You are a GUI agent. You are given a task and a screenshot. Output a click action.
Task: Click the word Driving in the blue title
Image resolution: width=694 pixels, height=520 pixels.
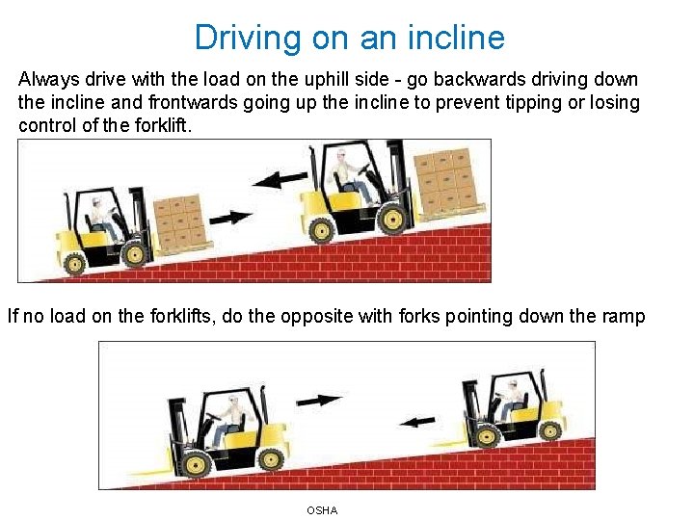click(x=248, y=39)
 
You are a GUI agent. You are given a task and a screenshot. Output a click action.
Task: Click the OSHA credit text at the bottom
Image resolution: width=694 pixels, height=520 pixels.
click(x=322, y=510)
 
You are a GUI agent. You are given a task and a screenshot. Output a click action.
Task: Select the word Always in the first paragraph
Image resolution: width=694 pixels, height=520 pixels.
click(x=49, y=81)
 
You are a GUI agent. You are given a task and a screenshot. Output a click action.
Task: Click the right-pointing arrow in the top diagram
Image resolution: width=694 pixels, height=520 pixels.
click(x=230, y=218)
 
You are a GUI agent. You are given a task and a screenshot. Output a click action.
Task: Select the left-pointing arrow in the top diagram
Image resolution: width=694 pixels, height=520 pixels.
click(x=280, y=179)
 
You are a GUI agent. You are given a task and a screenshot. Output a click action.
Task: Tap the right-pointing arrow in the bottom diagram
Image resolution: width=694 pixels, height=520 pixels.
click(x=319, y=401)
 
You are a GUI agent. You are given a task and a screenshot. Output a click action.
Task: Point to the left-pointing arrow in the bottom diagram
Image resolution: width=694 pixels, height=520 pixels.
click(x=417, y=422)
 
